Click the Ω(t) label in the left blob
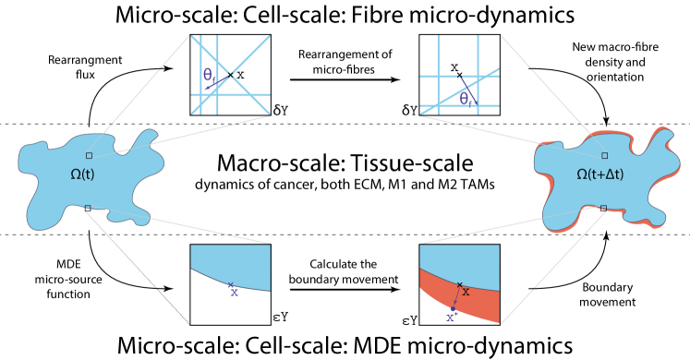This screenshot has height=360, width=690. [88, 174]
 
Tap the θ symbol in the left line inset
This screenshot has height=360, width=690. [208, 74]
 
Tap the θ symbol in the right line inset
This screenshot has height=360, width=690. [464, 96]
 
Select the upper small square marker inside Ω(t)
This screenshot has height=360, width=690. [89, 155]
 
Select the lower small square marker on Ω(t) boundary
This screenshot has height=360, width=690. [88, 207]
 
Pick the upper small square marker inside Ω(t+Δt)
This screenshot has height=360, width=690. [604, 155]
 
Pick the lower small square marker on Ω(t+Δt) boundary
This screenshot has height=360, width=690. [603, 207]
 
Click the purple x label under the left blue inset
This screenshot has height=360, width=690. [235, 293]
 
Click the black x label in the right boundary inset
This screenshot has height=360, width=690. [466, 292]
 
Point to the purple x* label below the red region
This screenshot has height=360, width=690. [451, 318]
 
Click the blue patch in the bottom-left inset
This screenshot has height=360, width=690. [231, 262]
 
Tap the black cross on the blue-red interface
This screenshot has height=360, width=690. [459, 284]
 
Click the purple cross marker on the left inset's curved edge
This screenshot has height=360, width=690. [230, 286]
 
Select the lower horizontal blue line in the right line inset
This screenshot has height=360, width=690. [459, 104]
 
